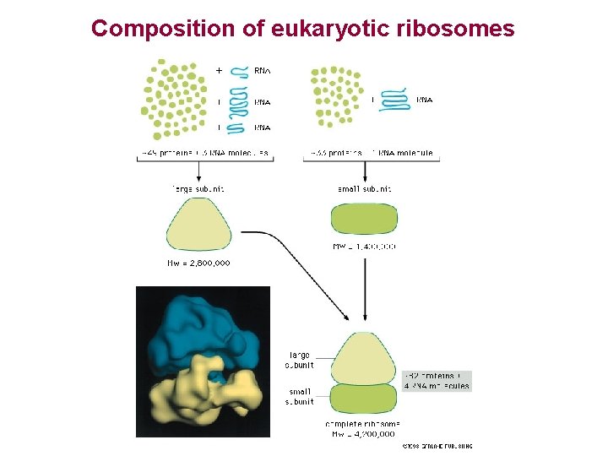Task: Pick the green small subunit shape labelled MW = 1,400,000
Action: pos(364,219)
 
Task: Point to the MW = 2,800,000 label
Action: pos(199,263)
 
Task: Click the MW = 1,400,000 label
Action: pos(364,247)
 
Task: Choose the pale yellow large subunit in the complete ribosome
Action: pos(364,359)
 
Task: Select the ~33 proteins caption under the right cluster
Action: pos(372,154)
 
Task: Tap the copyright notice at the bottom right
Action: pos(437,445)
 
